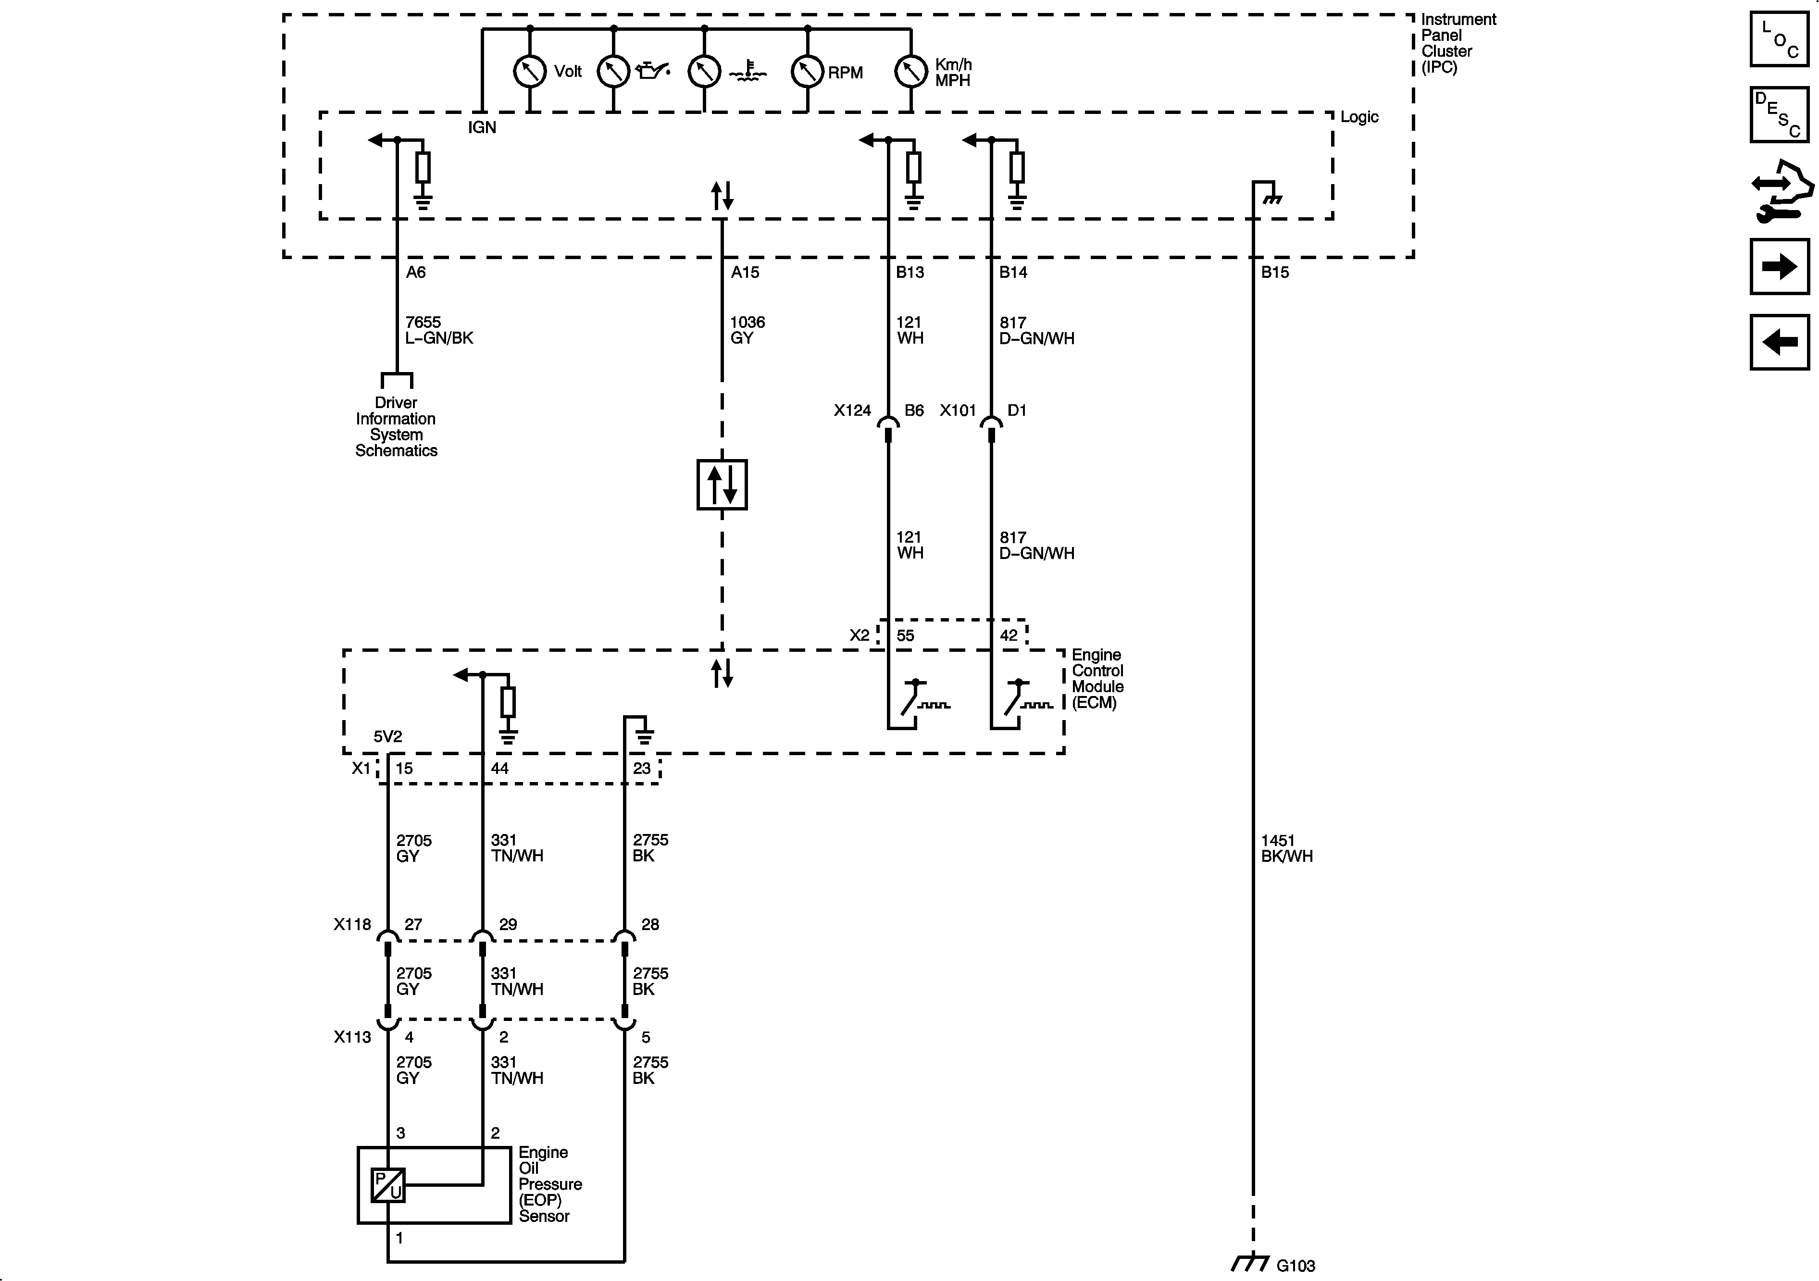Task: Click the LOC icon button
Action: (x=1780, y=39)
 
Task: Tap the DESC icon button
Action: (x=1780, y=115)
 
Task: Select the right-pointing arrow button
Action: (x=1780, y=266)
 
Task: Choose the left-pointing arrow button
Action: (x=1780, y=342)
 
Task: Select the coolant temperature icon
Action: (x=748, y=74)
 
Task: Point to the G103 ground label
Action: (x=1296, y=1265)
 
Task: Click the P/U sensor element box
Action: (x=388, y=1185)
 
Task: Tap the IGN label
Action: (x=482, y=127)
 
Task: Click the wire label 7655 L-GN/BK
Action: (x=439, y=330)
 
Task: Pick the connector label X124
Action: (x=852, y=410)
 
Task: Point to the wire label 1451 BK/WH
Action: (x=1286, y=847)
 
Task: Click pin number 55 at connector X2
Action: (x=905, y=635)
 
